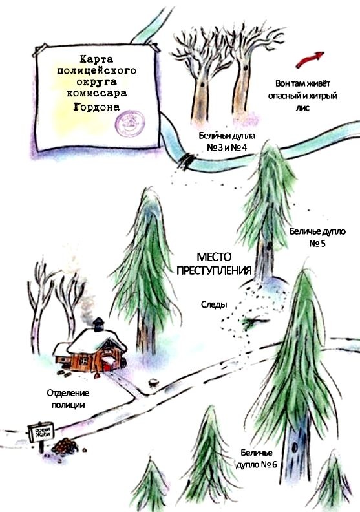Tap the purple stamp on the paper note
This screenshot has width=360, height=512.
[130, 120]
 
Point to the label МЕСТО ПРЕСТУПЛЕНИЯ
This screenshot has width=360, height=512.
[214, 263]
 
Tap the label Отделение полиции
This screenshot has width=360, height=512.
[67, 398]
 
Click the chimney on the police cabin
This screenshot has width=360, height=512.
[98, 324]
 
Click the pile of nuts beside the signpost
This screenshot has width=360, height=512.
[64, 445]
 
